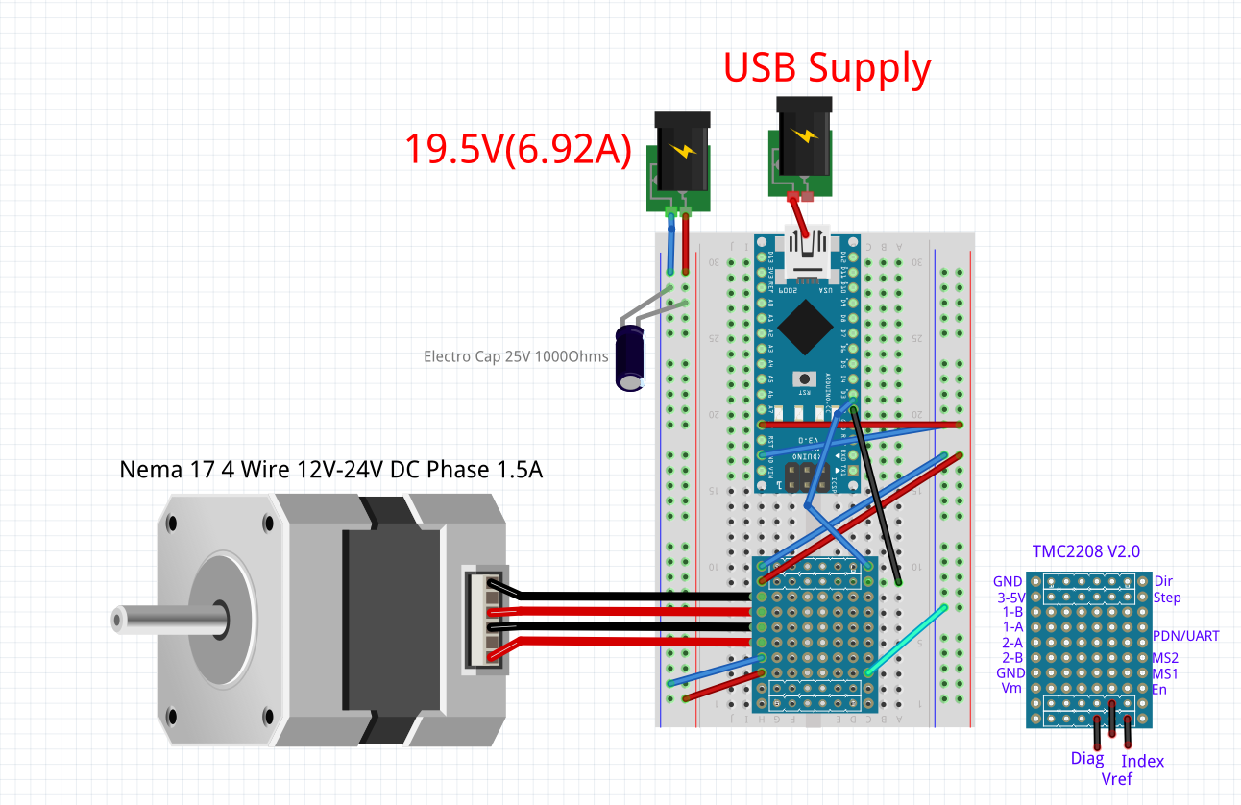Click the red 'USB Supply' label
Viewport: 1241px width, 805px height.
(x=826, y=68)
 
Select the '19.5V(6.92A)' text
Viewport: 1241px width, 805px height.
(x=517, y=149)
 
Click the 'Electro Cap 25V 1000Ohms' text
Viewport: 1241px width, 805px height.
(x=516, y=356)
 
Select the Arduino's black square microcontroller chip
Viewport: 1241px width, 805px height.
(x=805, y=326)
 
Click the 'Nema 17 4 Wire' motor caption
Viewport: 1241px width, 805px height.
(x=330, y=470)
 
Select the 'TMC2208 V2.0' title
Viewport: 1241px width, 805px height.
(x=1085, y=551)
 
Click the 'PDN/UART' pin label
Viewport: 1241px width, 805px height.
(x=1185, y=636)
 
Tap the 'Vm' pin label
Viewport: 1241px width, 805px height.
(x=1010, y=689)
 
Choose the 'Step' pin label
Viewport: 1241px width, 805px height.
(x=1167, y=598)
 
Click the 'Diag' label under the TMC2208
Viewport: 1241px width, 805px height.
(x=1087, y=759)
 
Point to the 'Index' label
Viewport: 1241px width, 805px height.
(x=1143, y=761)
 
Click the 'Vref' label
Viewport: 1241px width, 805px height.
(x=1118, y=778)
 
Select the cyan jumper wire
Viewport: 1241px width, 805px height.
(x=906, y=641)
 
